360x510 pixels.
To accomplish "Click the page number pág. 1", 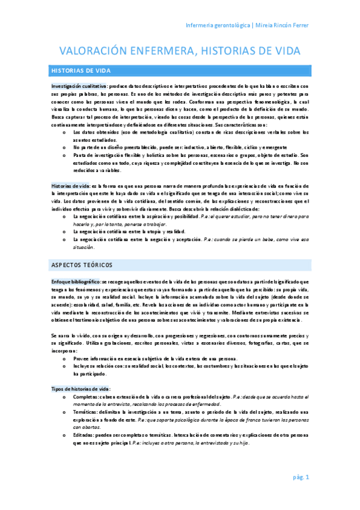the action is tap(301, 478).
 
